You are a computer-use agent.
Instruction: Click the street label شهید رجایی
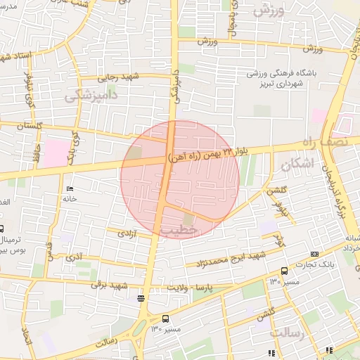(x=121, y=77)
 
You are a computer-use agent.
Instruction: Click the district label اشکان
(x=297, y=165)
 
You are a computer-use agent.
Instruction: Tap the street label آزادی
(x=126, y=233)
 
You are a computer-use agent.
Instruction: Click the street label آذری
(x=73, y=257)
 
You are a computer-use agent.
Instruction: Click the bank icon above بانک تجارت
(x=314, y=254)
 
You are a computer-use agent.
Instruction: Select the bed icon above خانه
(x=69, y=190)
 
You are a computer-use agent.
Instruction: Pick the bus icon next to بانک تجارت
(x=284, y=271)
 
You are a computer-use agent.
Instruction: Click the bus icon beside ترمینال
(x=1, y=229)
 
